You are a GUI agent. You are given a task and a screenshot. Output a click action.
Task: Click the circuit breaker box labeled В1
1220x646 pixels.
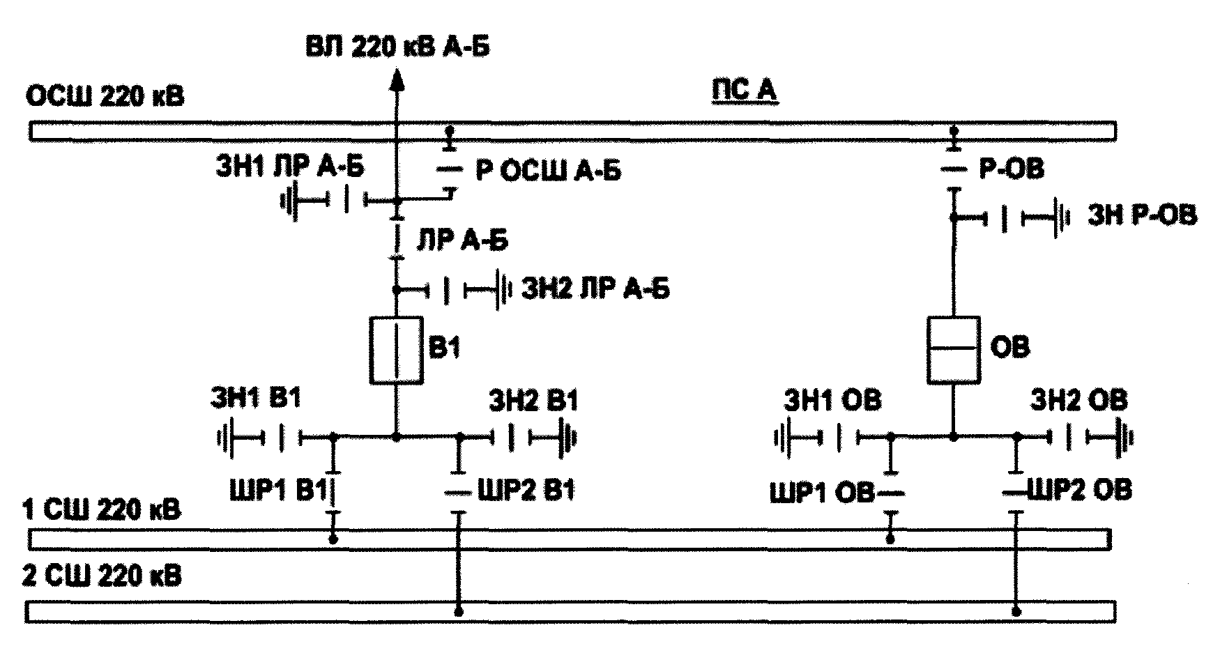(396, 350)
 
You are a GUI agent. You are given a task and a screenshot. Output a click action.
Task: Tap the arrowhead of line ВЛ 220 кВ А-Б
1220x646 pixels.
(397, 81)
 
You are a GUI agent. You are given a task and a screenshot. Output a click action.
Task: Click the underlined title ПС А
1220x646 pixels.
(743, 91)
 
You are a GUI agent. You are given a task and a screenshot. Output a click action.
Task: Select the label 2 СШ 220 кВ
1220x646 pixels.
(102, 577)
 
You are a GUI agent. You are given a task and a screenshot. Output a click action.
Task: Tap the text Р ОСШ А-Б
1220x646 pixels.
(548, 171)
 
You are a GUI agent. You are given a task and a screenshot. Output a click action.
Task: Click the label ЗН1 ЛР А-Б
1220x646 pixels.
(290, 168)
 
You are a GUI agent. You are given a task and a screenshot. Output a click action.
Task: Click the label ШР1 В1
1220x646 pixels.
(277, 490)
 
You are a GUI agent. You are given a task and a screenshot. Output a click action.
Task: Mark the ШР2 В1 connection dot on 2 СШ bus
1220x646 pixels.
(458, 611)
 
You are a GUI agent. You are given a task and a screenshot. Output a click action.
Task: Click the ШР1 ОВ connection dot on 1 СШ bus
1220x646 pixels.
(890, 539)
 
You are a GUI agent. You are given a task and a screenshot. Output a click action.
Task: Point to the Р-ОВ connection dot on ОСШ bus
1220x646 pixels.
(954, 130)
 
